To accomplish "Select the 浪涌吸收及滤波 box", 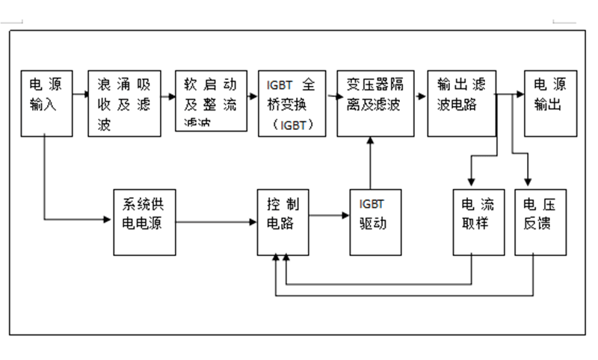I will click(x=124, y=103).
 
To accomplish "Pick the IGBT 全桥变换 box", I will click(x=292, y=103).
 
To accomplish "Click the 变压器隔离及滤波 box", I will click(x=375, y=103).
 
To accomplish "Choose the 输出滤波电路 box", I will click(x=461, y=103).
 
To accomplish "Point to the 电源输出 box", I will click(x=551, y=103).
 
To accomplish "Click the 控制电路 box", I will click(x=282, y=221).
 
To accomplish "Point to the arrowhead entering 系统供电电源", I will click(x=107, y=219).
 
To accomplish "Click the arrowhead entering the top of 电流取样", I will click(x=471, y=181).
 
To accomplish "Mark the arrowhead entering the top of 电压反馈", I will click(x=528, y=181).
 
